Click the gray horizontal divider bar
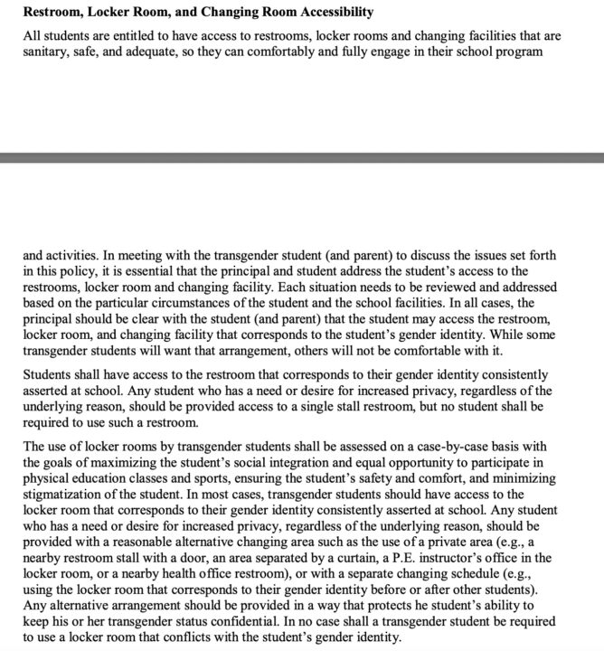(302, 157)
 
